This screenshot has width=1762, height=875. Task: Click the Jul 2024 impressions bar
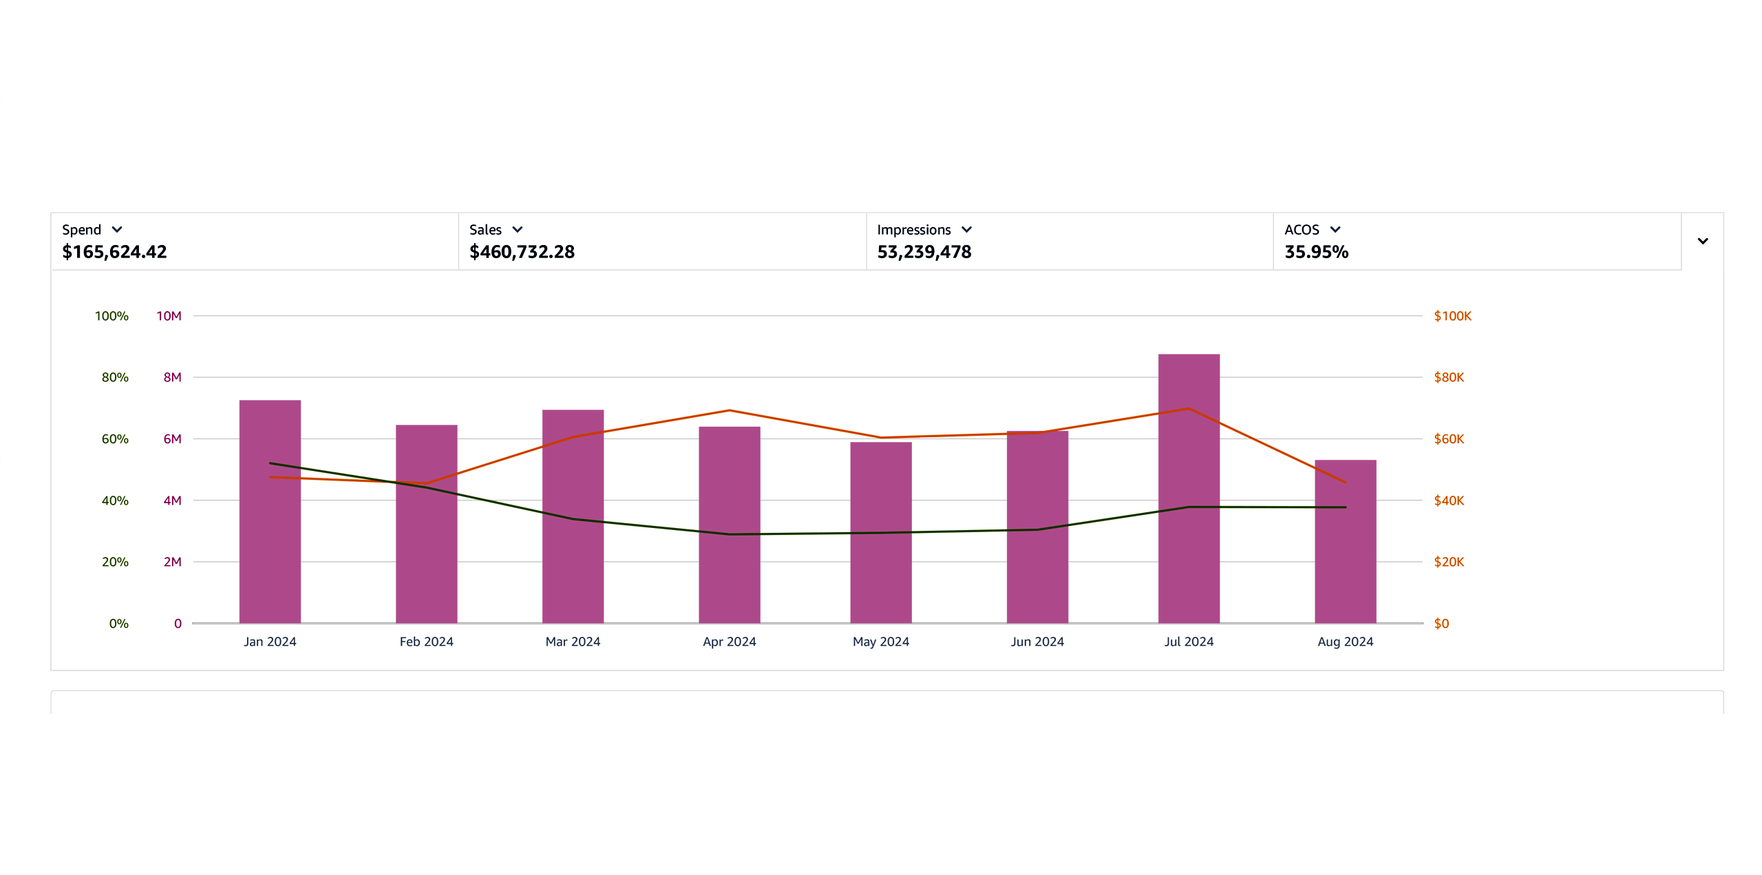click(x=1189, y=489)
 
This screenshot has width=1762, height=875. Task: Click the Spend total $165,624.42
click(x=114, y=252)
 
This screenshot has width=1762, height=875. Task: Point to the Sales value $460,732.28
click(x=522, y=252)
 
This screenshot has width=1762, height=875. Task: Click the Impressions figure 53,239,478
click(x=924, y=252)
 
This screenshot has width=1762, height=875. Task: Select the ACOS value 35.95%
click(x=1316, y=252)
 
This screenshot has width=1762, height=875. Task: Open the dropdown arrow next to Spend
click(x=117, y=229)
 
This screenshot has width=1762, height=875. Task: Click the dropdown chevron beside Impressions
click(x=966, y=229)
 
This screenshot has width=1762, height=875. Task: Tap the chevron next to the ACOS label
click(x=1335, y=229)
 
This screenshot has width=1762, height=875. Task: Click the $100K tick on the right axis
click(x=1452, y=316)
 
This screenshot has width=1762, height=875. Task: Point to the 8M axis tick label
click(x=172, y=377)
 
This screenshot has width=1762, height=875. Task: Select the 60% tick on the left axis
click(x=115, y=439)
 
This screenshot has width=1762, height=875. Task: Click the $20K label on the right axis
click(x=1449, y=562)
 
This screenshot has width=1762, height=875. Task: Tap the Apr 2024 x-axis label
click(x=729, y=642)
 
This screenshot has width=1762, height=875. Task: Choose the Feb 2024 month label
click(x=426, y=642)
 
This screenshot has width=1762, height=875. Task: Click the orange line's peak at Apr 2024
click(x=730, y=410)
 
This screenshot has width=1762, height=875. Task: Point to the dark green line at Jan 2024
click(x=270, y=463)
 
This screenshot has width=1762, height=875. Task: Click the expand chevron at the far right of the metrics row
click(x=1703, y=241)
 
